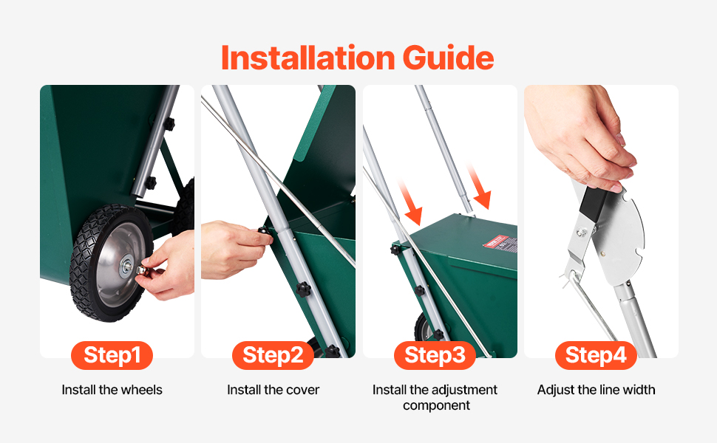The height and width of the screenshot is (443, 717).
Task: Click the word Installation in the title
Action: click(307, 58)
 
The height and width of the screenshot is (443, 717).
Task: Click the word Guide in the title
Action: click(448, 58)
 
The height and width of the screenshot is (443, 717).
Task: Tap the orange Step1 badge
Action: click(112, 355)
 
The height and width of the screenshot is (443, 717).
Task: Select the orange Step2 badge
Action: click(273, 355)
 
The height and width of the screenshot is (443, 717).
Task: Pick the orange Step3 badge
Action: click(435, 355)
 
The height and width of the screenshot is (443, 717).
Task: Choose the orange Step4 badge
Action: click(596, 355)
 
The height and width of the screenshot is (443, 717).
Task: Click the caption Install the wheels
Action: click(112, 390)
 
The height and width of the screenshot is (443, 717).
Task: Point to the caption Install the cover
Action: click(273, 390)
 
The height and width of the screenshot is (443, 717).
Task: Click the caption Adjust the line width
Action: click(596, 390)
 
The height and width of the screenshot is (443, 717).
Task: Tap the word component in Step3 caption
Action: click(436, 405)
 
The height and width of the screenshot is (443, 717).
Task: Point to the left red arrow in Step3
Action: click(410, 202)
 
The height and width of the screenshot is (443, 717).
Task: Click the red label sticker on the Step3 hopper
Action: click(500, 243)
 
